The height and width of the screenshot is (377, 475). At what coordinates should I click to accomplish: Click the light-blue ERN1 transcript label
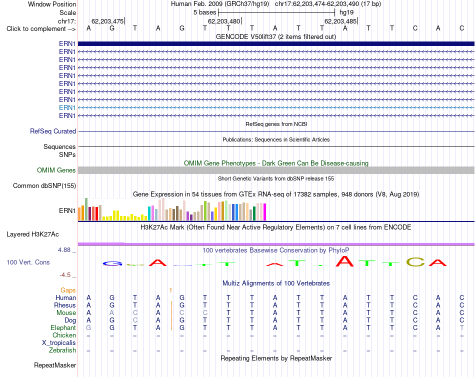pos(67,107)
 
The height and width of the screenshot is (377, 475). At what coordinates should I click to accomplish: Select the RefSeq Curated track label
pos(53,131)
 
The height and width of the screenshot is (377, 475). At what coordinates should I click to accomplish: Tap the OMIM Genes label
pos(56,170)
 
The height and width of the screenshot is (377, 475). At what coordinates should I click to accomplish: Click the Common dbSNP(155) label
pos(44,186)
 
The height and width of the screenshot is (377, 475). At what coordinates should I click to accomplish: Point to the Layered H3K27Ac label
pos(32,234)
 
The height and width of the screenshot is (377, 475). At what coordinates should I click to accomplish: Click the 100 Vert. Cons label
pos(28,262)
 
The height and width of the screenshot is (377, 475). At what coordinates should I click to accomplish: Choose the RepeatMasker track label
pos(55,365)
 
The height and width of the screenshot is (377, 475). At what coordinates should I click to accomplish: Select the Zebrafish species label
pos(62,350)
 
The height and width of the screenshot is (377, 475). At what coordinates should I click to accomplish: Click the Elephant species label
pos(63,328)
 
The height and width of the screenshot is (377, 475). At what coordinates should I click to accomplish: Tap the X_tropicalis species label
pos(59,343)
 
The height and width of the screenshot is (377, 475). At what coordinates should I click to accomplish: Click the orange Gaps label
pos(68,290)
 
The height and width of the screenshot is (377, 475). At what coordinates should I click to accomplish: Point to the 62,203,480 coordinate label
pos(224,21)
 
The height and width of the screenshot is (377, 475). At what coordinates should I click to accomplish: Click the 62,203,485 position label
pos(340,21)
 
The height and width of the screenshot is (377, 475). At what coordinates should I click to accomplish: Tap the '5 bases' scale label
pos(205,12)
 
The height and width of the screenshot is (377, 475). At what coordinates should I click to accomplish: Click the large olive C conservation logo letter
pos(415,262)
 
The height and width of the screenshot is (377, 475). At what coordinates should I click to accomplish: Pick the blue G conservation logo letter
pos(112,263)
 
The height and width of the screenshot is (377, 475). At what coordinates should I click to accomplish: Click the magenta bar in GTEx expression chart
pos(265,212)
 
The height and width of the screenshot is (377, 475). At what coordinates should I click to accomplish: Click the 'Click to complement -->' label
pos(41,29)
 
